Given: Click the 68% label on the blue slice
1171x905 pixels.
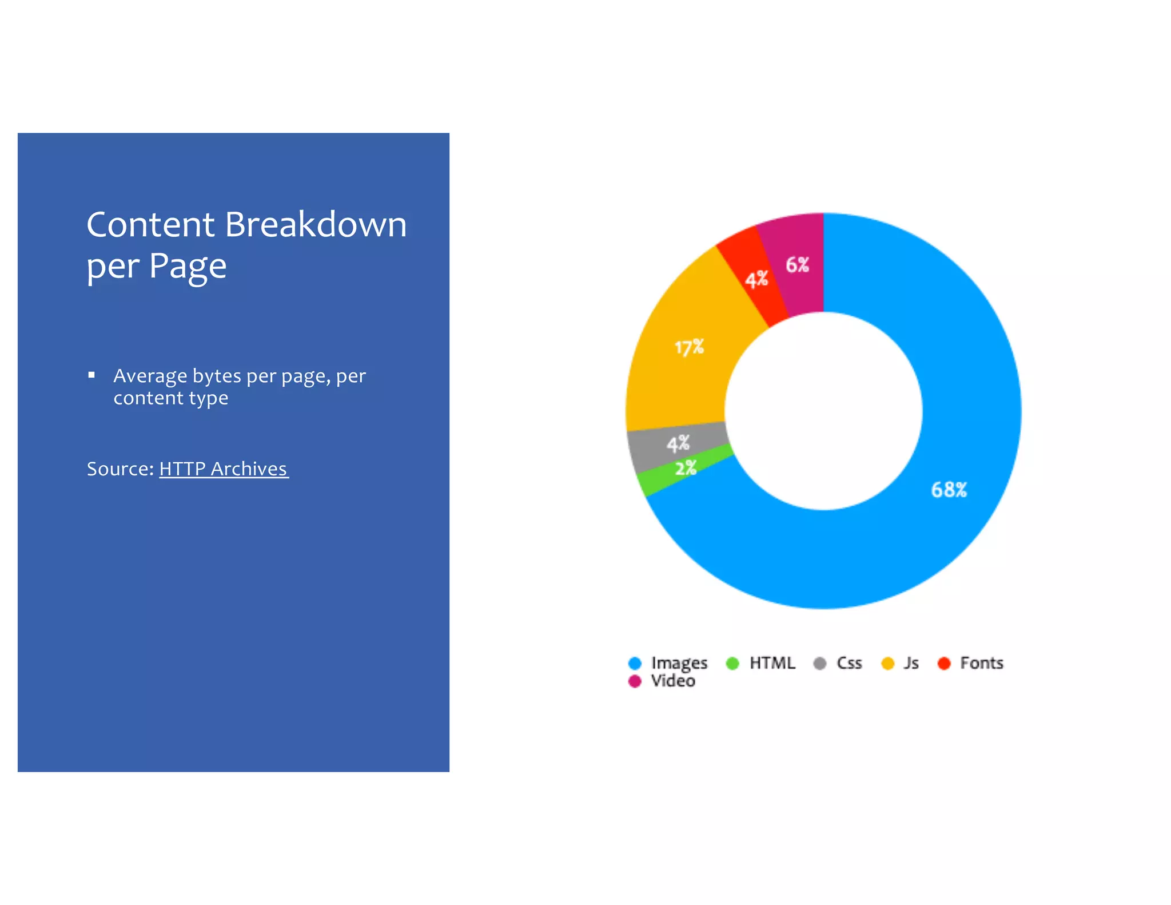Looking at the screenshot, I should coord(949,490).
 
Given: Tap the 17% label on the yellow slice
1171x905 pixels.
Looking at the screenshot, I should coord(689,347).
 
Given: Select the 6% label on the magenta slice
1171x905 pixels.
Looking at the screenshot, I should coord(797,265).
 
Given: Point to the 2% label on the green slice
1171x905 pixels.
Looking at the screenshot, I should coord(686,469).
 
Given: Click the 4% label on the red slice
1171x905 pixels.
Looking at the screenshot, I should coord(756,280).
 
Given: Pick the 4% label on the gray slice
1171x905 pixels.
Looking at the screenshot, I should coord(678,443).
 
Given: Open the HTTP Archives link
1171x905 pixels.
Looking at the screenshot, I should coord(224,469).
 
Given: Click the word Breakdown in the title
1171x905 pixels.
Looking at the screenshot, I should coord(316,224).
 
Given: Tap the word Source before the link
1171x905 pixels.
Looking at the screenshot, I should coord(120,469).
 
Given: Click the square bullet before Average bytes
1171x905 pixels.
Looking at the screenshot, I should coord(91,375).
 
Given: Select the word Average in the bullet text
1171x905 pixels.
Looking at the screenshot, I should coord(150,376).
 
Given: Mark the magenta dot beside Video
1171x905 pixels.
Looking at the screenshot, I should coord(635,681).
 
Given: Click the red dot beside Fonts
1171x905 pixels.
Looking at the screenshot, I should coord(944,663).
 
